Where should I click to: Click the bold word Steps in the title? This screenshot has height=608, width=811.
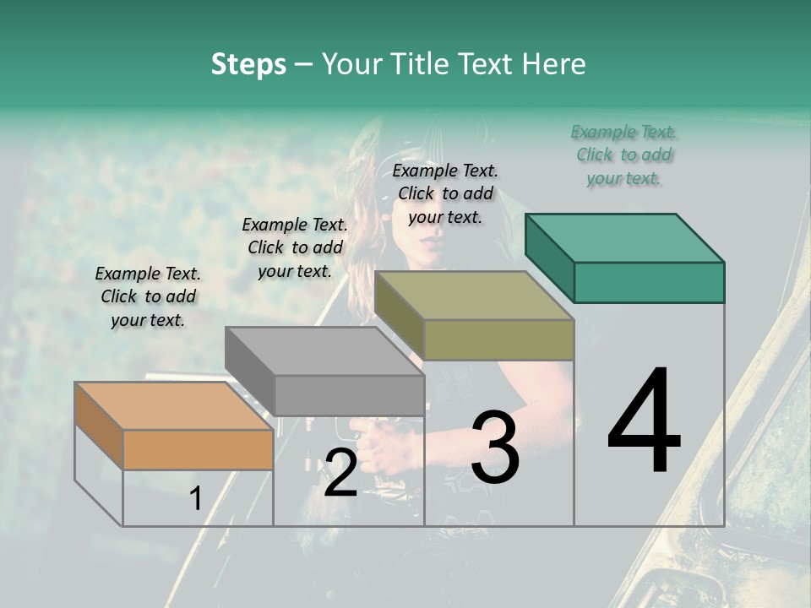248,65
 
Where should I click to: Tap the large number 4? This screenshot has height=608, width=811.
644,421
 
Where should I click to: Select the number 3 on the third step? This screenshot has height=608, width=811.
495,448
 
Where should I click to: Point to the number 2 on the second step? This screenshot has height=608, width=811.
340,473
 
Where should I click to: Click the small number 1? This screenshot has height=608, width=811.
195,499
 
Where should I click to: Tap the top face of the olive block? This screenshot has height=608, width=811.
474,296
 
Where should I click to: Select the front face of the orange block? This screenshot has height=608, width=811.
198,449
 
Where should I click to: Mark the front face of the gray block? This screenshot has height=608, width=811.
349,395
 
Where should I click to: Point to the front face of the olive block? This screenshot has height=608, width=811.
498,339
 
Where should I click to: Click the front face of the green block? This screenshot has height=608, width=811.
649,282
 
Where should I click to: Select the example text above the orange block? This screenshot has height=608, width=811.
148,297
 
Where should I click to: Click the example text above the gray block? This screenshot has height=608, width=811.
295,247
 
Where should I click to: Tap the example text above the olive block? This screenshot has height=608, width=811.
445,193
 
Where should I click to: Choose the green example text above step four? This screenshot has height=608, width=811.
624,155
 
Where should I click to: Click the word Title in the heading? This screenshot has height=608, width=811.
424,65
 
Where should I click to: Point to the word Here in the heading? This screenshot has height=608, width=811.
555,65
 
